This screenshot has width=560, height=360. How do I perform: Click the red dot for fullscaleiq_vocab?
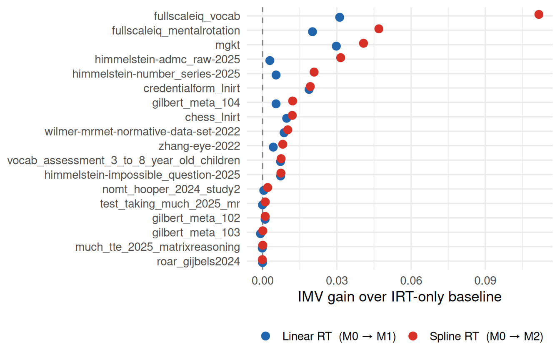539,15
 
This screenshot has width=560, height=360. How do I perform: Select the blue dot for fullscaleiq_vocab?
340,17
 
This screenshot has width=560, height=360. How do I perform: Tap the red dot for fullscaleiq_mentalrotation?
379,29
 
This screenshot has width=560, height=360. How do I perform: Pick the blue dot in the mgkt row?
336,46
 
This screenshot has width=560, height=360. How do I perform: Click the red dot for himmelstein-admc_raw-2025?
340,58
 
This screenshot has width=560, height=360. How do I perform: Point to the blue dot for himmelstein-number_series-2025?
276,75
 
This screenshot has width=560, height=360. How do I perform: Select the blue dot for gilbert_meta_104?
276,104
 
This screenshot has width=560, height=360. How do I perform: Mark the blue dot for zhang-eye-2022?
273,147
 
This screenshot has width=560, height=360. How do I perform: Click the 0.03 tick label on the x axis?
337,281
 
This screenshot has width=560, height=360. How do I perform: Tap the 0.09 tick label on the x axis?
485,281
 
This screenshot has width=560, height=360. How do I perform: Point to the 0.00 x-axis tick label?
262,281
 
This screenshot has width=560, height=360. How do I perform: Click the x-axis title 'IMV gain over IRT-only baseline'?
400,297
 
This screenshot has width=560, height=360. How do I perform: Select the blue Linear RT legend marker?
265,336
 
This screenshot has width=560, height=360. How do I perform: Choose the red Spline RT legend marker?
413,336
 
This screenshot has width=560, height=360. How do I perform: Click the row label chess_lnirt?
212,117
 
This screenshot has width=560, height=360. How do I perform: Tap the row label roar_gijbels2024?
198,262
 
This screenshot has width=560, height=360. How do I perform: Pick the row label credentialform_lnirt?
192,88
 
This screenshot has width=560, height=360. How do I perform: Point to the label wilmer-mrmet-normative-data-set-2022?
142,132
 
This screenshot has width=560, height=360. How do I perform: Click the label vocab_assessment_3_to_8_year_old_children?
124,161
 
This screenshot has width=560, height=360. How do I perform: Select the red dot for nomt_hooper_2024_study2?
267,187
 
